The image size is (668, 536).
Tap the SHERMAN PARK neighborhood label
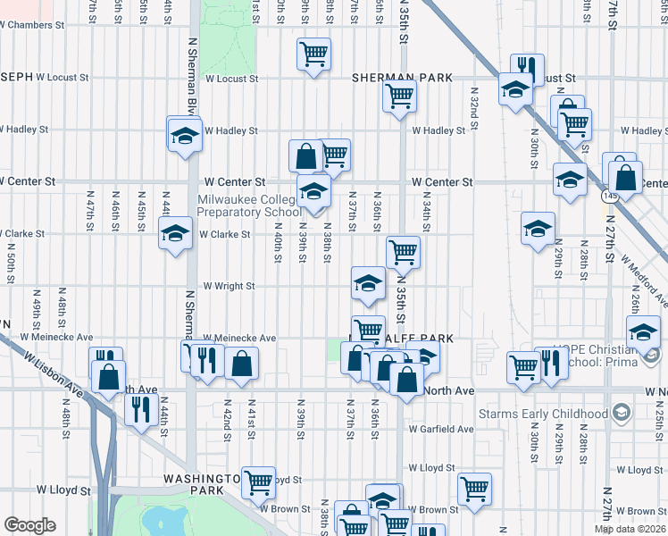tap(402, 78)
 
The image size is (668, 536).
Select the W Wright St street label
tap(230, 287)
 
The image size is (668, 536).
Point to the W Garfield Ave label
tap(441, 429)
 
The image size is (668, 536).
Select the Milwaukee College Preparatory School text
tap(249, 205)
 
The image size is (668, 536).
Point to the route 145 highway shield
tap(609, 194)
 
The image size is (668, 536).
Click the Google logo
tap(29, 525)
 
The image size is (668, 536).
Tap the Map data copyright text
tap(630, 529)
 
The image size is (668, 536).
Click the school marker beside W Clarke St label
tap(175, 233)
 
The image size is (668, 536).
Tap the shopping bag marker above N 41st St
tap(241, 363)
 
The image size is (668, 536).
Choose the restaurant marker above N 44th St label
tap(140, 409)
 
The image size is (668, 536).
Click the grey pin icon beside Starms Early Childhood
tap(622, 413)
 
